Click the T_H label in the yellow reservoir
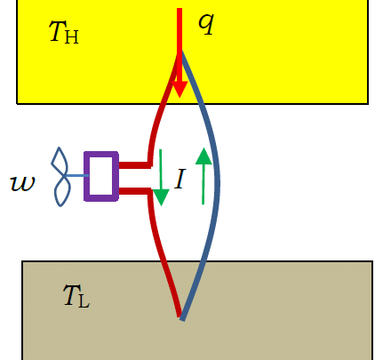64,32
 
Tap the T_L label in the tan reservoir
76,296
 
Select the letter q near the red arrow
206,24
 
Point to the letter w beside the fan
23,183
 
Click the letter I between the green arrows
180,179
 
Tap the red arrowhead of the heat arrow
180,89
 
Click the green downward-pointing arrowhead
161,197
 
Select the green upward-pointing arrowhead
203,156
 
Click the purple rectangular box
101,176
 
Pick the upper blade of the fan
60,161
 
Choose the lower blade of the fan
62,192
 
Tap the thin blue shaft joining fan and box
76,176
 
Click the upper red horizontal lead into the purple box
134,165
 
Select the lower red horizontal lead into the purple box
134,191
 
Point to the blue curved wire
218,184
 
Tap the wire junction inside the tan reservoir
181,317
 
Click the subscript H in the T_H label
71,36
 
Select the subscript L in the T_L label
84,301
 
